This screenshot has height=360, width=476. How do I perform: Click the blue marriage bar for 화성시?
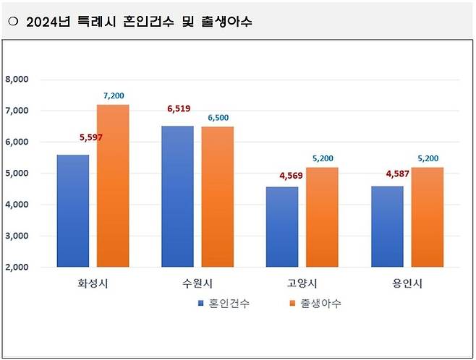pos(74,211)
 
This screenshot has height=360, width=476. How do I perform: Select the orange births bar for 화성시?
pos(113,186)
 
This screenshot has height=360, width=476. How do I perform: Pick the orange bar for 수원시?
pos(217,197)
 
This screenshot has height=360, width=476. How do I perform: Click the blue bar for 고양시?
pos(281,227)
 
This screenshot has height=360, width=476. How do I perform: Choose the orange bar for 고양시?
pos(321,217)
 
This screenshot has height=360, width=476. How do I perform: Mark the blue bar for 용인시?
pos(386,226)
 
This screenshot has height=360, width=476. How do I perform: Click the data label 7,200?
pos(113,95)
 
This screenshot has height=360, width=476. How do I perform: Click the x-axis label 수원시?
pos(197,283)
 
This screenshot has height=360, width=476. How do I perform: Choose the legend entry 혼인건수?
pos(229,304)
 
